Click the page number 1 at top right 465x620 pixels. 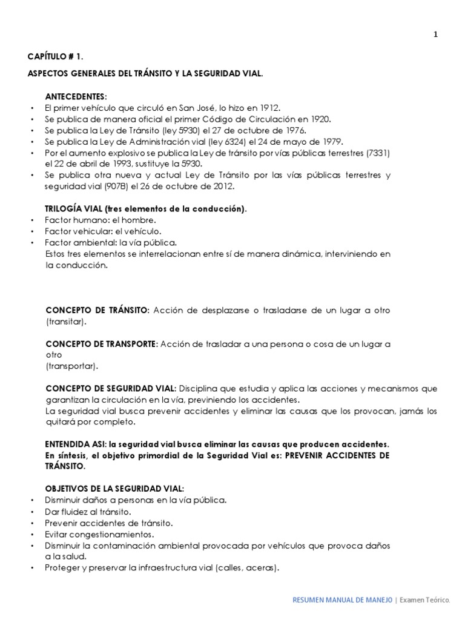coord(435,35)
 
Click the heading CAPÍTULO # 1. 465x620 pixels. coord(56,56)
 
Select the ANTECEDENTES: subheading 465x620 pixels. coord(76,96)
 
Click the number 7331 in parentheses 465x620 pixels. coord(378,153)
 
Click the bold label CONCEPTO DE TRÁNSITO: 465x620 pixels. coord(97,310)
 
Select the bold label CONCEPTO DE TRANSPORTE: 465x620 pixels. coord(102,344)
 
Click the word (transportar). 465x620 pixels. coord(71,366)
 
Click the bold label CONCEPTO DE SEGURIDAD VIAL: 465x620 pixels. coord(111,388)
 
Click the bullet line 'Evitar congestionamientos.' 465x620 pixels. coord(99,535)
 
